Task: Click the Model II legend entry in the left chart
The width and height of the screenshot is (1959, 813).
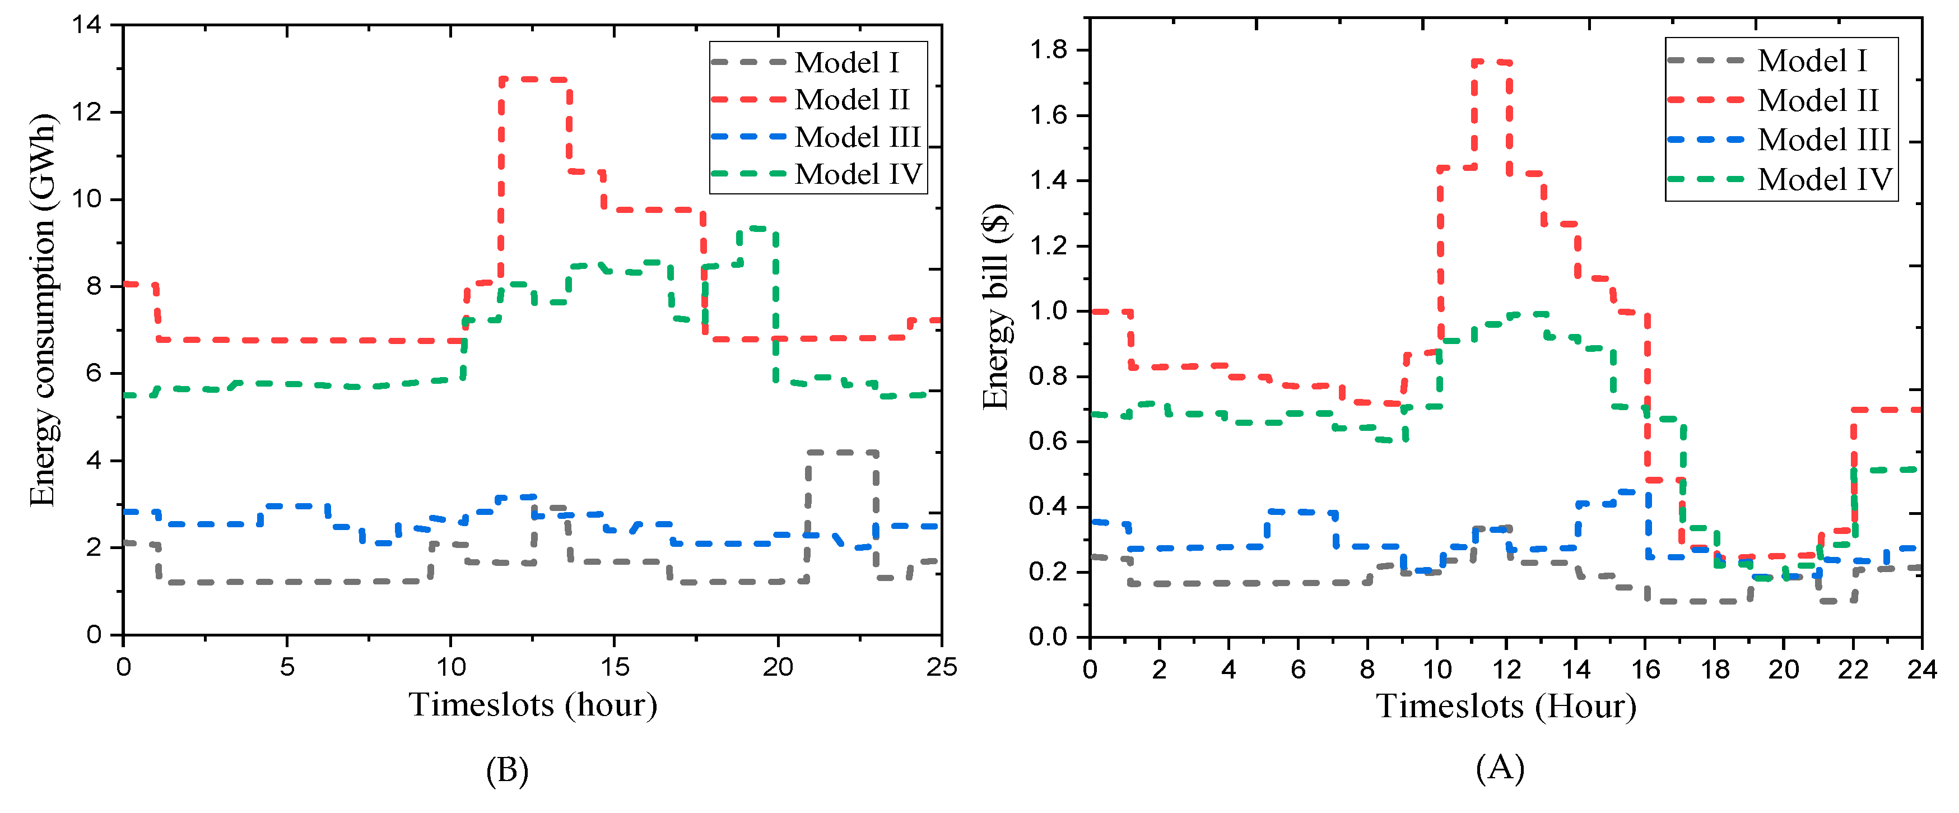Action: click(x=851, y=100)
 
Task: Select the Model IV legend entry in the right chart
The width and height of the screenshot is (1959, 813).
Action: click(x=1823, y=179)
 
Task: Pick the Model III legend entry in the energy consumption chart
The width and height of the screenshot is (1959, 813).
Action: click(x=857, y=137)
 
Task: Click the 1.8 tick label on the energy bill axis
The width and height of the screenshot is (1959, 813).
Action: click(x=1048, y=50)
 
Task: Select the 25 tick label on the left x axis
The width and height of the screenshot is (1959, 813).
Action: click(x=941, y=667)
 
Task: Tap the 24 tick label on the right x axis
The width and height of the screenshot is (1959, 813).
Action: click(x=1921, y=668)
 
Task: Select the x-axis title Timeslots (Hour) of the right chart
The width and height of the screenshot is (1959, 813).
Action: click(x=1506, y=706)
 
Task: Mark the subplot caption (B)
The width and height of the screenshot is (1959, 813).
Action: click(x=506, y=770)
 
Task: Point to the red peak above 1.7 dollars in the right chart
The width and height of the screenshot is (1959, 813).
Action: click(x=1491, y=62)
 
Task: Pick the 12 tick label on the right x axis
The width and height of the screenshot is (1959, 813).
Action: click(x=1506, y=668)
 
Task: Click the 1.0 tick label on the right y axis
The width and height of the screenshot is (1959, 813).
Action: click(x=1048, y=311)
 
